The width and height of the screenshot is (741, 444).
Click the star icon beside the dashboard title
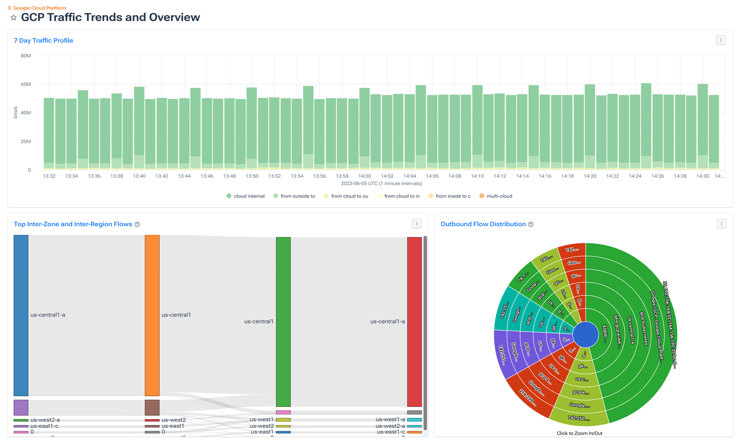(x=14, y=17)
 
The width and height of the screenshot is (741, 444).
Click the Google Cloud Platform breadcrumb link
(x=40, y=8)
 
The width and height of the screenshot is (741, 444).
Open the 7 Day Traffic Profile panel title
(x=43, y=40)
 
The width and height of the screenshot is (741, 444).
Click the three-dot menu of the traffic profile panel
(x=721, y=40)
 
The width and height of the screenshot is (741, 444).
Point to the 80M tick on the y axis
(x=26, y=56)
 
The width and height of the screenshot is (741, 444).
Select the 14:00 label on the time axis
(x=364, y=176)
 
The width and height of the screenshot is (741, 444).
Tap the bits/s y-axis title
(x=16, y=112)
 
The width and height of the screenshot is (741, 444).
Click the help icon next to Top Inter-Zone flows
(x=137, y=224)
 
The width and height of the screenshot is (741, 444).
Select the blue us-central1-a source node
(x=21, y=315)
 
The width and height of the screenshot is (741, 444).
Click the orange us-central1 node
(x=152, y=315)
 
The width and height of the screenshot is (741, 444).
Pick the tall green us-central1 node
(x=283, y=321)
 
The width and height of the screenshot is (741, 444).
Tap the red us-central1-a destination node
(x=414, y=321)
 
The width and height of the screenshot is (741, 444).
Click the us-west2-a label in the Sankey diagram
(x=45, y=420)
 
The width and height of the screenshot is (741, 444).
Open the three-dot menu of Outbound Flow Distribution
(x=721, y=224)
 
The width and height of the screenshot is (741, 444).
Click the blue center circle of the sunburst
(x=585, y=334)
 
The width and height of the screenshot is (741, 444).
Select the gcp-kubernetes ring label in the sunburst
(x=644, y=328)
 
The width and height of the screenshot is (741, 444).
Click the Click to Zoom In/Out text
(x=579, y=433)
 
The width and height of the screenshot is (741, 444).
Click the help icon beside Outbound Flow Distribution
(x=531, y=224)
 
